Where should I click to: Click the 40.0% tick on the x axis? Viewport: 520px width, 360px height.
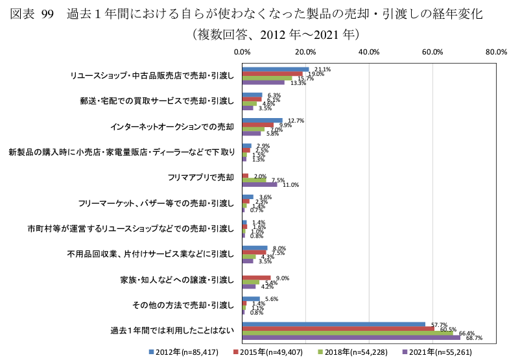tap(369, 53)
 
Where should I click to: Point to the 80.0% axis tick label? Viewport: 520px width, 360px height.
tap(496, 53)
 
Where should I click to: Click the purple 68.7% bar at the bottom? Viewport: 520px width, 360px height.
tap(350, 337)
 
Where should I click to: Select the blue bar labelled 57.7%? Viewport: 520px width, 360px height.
tap(333, 324)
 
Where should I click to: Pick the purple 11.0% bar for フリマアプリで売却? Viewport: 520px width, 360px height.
tap(259, 185)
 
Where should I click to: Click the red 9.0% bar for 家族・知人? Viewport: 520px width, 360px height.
tap(256, 278)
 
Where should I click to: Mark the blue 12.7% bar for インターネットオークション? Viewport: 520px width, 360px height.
tap(262, 120)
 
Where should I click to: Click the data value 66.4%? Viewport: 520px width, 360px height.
tap(467, 333)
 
